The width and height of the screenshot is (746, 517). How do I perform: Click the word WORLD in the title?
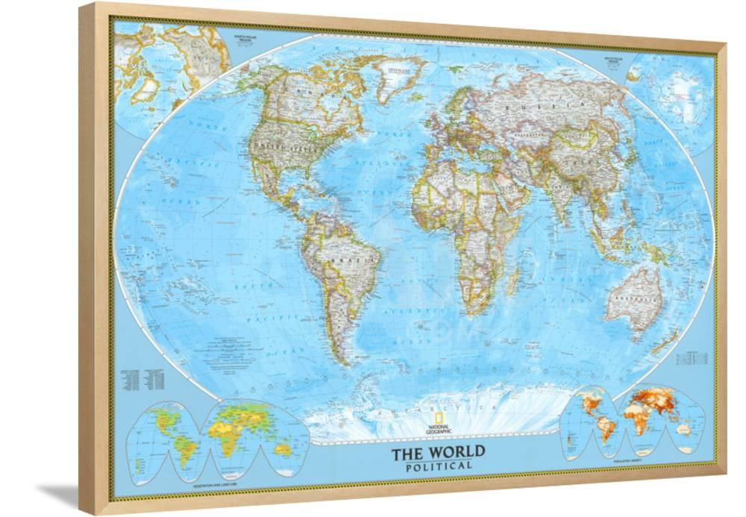(x=456, y=451)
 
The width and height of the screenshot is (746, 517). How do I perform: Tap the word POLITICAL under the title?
(x=439, y=466)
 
